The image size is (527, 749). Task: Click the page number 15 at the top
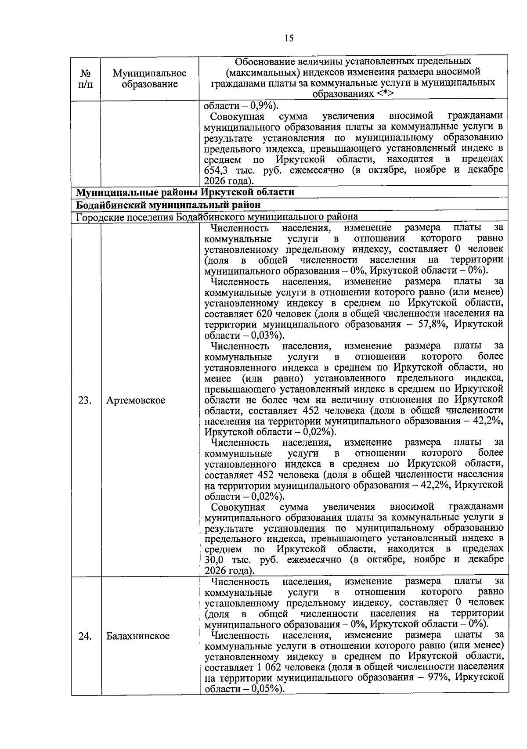click(289, 38)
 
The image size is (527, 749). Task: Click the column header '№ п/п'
click(86, 78)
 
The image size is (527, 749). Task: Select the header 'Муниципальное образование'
click(149, 78)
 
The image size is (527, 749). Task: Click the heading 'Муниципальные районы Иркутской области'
click(185, 192)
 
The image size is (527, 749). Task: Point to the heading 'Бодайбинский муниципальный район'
click(168, 205)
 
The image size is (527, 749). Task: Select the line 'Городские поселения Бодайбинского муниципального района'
click(217, 216)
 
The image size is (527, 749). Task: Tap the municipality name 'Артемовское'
click(136, 400)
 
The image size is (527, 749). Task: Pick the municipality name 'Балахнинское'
click(137, 636)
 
